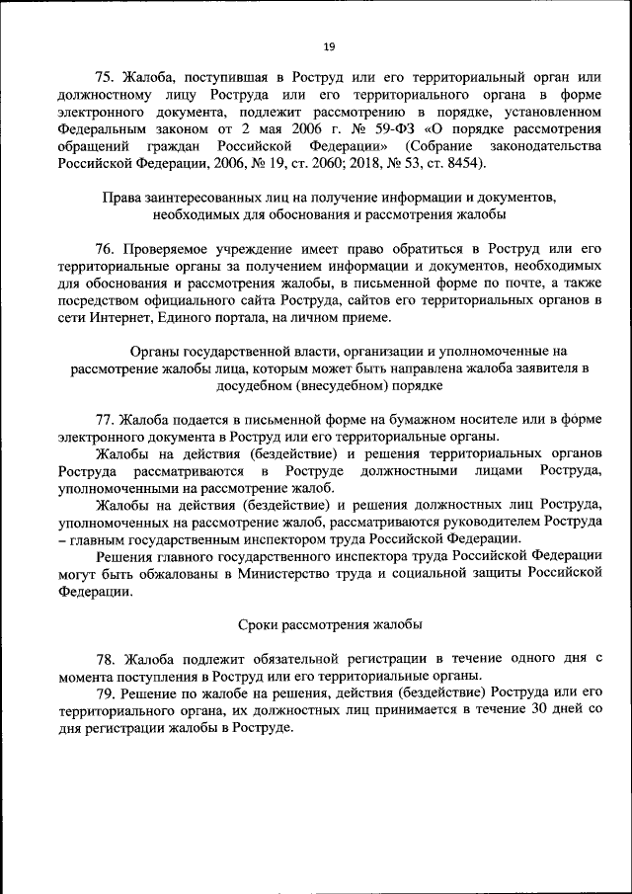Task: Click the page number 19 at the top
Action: (x=329, y=45)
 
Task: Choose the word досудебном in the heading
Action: (x=262, y=385)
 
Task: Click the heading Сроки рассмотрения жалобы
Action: (x=330, y=624)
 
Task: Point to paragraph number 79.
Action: (x=106, y=692)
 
